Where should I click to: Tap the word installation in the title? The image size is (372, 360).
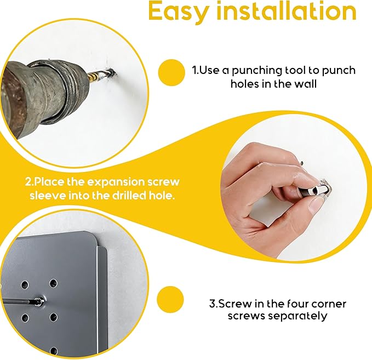coord(287,10)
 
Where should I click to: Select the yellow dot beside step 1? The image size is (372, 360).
coord(171,73)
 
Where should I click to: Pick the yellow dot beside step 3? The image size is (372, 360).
coord(170,299)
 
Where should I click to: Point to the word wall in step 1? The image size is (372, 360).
coord(305,84)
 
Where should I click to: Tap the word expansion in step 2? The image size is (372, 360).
coord(117,182)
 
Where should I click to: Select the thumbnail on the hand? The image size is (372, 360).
coord(316,204)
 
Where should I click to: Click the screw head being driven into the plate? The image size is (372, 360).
coord(39,301)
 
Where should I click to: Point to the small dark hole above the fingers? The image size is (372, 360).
coord(301,163)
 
